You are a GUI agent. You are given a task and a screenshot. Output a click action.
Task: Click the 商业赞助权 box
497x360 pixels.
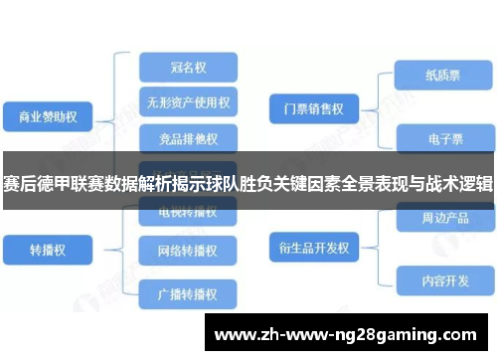pos(47,117)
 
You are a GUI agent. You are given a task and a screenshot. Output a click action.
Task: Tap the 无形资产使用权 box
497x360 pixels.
pos(189,102)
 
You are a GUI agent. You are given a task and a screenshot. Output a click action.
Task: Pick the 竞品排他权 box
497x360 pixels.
pos(188,137)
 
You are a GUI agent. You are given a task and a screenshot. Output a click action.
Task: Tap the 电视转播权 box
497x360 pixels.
pos(188,212)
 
